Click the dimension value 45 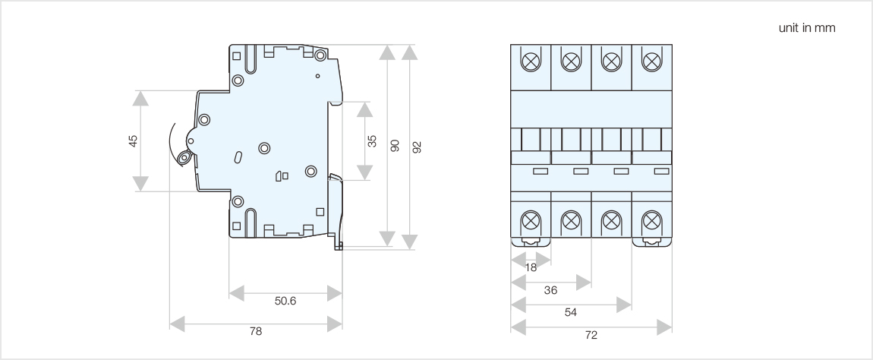[x=134, y=141]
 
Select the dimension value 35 [x=371, y=141]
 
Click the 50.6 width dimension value [x=285, y=302]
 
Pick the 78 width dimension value [x=256, y=331]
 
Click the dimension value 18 [x=531, y=267]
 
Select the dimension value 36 [x=550, y=290]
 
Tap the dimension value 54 [x=571, y=311]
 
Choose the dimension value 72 [x=591, y=334]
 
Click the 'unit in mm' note [x=807, y=28]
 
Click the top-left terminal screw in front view [x=531, y=60]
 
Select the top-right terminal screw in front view [x=651, y=60]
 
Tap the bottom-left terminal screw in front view [x=531, y=222]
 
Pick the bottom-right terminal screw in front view [x=651, y=222]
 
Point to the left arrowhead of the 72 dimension [x=519, y=327]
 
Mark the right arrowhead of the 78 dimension [x=334, y=324]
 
